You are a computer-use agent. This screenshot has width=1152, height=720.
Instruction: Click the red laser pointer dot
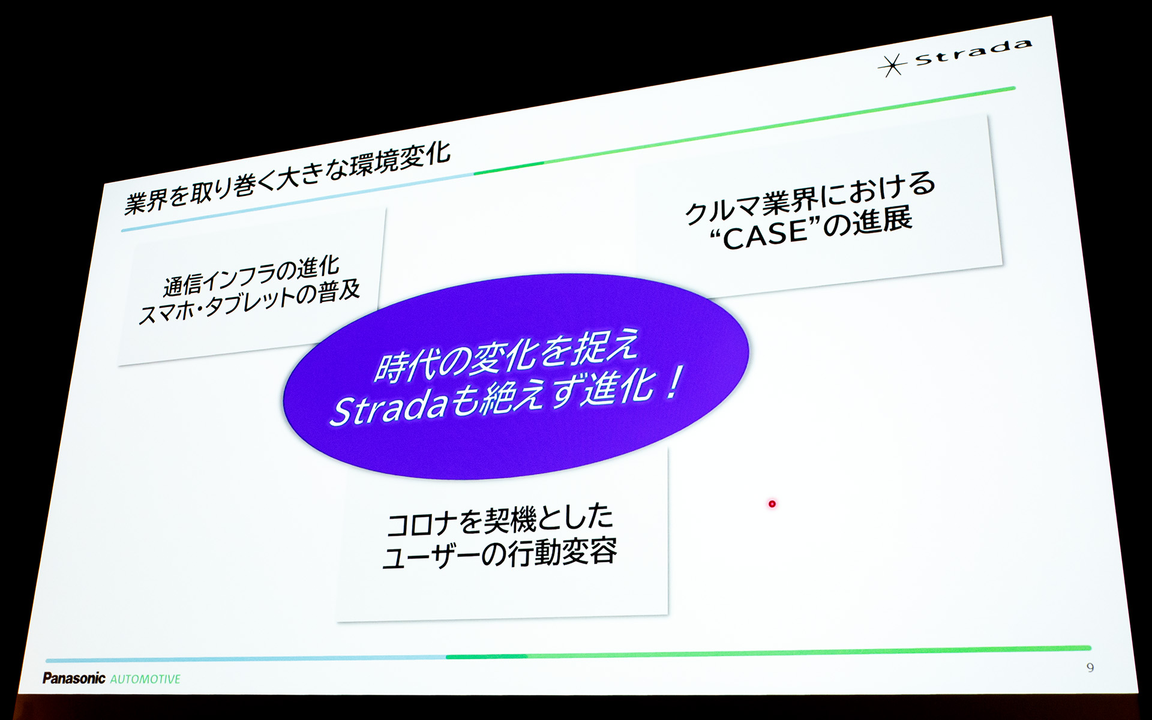(772, 504)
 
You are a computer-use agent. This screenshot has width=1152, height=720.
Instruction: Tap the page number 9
(1090, 667)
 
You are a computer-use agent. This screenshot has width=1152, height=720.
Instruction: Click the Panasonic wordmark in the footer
(74, 678)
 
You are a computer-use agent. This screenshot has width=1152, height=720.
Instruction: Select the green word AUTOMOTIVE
(145, 679)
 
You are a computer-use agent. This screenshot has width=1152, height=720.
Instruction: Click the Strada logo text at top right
(973, 52)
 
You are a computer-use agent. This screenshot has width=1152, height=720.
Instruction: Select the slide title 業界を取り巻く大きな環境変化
(287, 178)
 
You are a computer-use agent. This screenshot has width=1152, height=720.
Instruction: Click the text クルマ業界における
(810, 197)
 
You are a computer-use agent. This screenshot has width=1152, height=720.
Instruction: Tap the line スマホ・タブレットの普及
(249, 304)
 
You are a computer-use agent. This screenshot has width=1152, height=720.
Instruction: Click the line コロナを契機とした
(500, 520)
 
